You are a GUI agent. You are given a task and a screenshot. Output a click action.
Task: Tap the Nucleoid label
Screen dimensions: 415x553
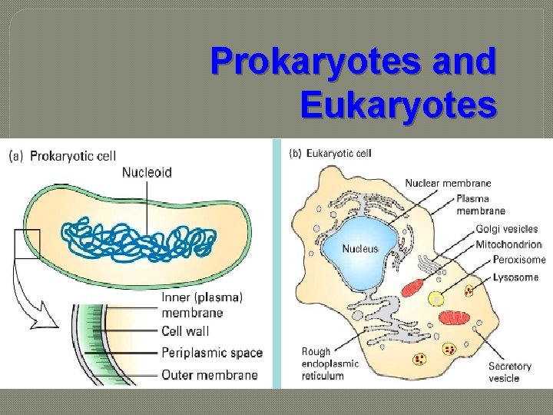147,173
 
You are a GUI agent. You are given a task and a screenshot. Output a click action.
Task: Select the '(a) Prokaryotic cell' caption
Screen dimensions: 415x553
62,155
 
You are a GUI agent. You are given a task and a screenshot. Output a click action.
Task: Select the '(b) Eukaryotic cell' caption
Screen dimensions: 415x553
330,153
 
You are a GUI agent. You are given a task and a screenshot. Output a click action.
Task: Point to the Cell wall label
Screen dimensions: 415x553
185,332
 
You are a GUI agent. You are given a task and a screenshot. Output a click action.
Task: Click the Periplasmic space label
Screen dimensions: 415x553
212,354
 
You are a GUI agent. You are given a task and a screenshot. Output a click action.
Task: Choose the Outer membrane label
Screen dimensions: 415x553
209,375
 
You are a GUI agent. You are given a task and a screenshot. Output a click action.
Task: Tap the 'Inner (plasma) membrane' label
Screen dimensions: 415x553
202,304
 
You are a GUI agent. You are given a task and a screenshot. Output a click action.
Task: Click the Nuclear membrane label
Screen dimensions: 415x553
448,183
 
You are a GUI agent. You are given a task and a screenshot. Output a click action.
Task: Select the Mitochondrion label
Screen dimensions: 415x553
510,244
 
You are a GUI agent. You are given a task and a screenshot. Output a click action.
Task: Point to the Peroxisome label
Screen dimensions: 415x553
519,260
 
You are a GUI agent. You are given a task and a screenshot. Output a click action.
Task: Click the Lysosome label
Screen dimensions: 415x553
515,277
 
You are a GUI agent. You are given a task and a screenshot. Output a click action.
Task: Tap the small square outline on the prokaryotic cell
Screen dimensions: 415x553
27,244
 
